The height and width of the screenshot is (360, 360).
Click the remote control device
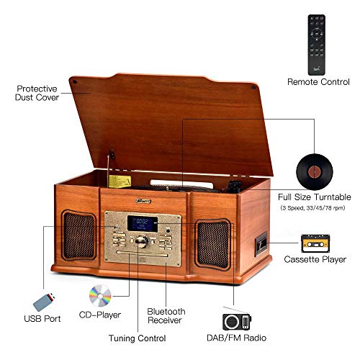[x=317, y=45]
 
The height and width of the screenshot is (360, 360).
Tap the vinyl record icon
[x=315, y=172]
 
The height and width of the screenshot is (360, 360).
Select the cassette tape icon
[x=315, y=243]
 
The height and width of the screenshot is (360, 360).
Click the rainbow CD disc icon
[x=100, y=296]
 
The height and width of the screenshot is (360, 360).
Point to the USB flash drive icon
[x=44, y=302]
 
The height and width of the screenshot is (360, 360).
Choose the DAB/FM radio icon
[x=237, y=322]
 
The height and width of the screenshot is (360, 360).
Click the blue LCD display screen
[x=143, y=224]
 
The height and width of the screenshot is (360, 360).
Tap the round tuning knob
[x=142, y=241]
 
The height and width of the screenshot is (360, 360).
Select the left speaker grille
[x=78, y=235]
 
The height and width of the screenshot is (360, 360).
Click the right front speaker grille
[x=213, y=244]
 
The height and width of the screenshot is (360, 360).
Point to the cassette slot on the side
[x=261, y=244]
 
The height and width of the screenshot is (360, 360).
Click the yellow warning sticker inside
[x=120, y=181]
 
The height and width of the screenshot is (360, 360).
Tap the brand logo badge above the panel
[x=143, y=201]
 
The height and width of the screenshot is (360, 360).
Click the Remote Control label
[x=318, y=82]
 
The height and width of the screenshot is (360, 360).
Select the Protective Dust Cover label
[x=37, y=93]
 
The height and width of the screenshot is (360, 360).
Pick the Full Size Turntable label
[x=315, y=197]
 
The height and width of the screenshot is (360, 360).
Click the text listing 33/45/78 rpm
[x=312, y=208]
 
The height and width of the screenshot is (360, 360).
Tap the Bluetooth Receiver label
[x=166, y=316]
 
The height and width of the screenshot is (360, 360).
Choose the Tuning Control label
[x=138, y=338]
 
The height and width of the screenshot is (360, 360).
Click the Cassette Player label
[x=315, y=259]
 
